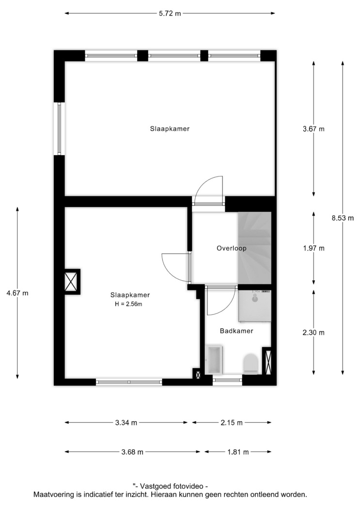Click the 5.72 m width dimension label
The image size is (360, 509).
(x=170, y=14)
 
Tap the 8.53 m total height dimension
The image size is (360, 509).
(x=343, y=218)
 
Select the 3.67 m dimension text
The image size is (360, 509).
(x=313, y=129)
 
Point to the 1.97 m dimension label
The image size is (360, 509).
(x=313, y=248)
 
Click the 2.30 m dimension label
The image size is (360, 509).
(x=313, y=333)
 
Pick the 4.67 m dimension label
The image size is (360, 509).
(x=17, y=293)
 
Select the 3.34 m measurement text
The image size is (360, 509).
(x=126, y=423)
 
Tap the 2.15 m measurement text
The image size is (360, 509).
(x=232, y=423)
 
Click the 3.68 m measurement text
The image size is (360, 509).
(x=132, y=452)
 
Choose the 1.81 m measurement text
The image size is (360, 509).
(x=238, y=452)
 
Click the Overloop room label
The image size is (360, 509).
(x=232, y=248)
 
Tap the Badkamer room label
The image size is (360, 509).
(x=236, y=331)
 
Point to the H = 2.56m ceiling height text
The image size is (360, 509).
(x=128, y=304)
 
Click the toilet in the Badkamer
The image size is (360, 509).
(x=250, y=363)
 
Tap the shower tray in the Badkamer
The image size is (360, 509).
(x=254, y=306)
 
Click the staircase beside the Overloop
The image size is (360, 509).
(x=254, y=248)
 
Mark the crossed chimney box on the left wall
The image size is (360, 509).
(x=71, y=282)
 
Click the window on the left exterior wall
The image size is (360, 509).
(x=59, y=128)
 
